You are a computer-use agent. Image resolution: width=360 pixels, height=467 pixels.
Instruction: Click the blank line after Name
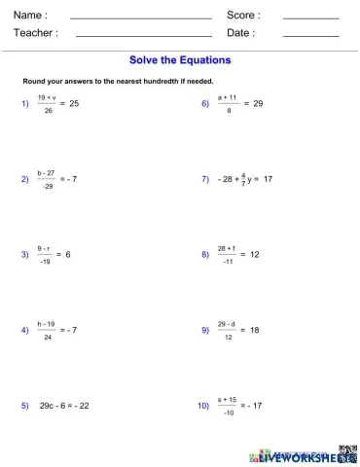(x=141, y=18)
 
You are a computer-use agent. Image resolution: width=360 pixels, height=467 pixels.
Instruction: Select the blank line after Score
(x=310, y=18)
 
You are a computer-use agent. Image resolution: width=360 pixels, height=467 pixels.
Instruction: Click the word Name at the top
(x=30, y=15)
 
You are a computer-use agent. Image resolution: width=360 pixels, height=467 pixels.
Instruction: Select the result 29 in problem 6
(x=258, y=103)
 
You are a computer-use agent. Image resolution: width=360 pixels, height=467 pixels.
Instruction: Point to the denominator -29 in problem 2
(x=48, y=186)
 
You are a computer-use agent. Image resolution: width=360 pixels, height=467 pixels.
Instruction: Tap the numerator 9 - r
(x=45, y=248)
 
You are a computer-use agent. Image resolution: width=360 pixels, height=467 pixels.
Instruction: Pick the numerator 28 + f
(x=227, y=248)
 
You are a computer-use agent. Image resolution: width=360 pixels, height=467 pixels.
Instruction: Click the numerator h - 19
(x=47, y=323)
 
